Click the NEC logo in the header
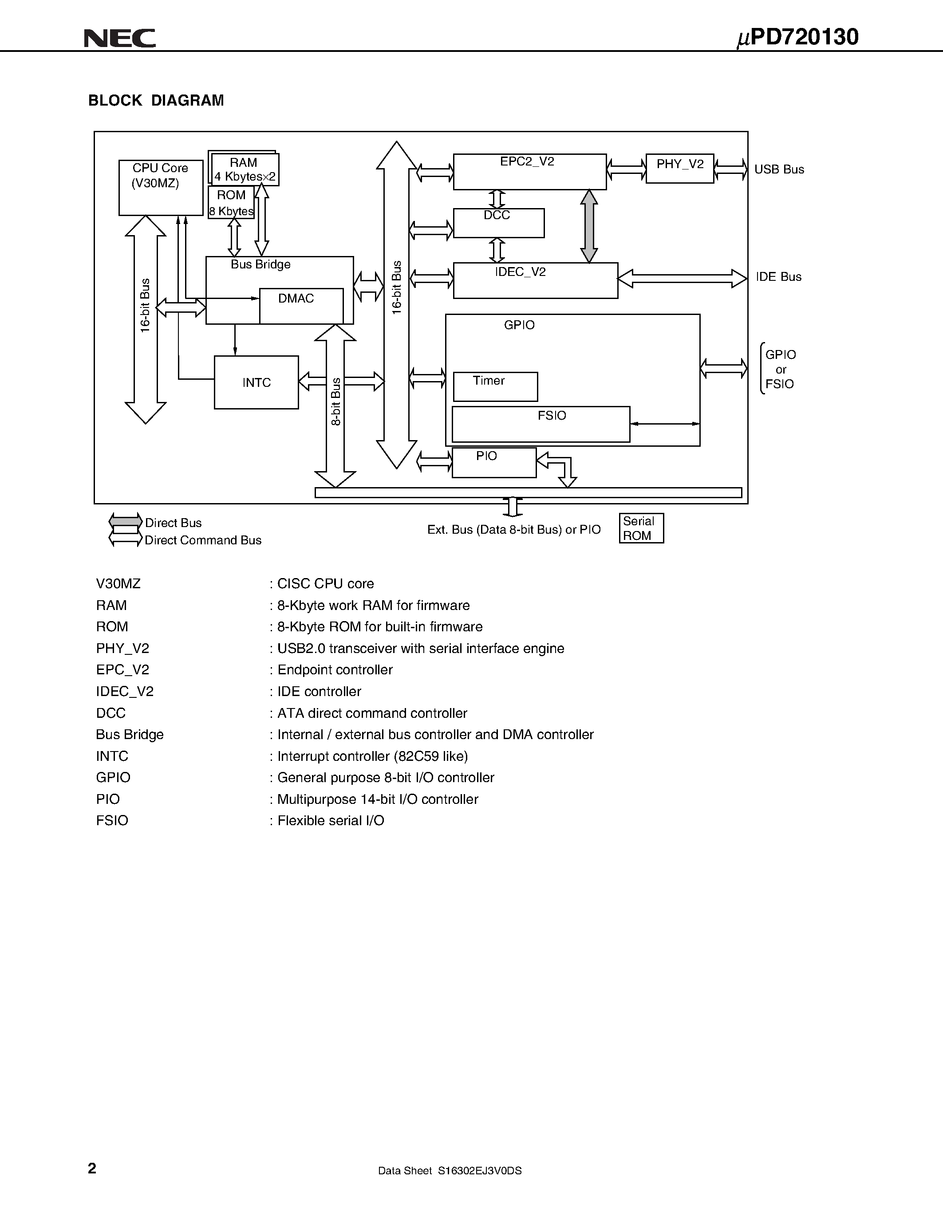coord(119,38)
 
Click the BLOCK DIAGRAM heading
coord(156,101)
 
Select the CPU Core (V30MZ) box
coord(160,187)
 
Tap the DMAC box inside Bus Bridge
coord(301,306)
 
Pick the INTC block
coord(256,383)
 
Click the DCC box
coord(498,223)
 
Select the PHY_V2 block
coord(679,168)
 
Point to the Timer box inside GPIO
coord(495,386)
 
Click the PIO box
coord(494,463)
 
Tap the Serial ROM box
coord(641,528)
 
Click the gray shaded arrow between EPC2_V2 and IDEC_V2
coord(589,226)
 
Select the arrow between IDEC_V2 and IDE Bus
coord(682,278)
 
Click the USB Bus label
coord(779,169)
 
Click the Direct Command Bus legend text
coord(203,540)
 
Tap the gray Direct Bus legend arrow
coord(125,522)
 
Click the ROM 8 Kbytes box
coord(231,203)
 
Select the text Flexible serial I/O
coord(330,821)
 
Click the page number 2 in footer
coord(92,1168)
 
